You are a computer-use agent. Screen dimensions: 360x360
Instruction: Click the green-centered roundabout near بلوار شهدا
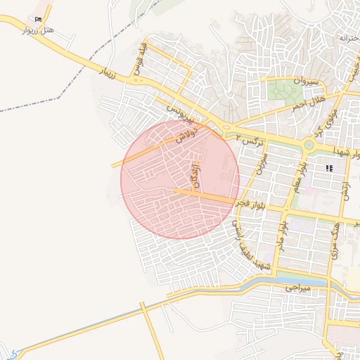pos(309,146)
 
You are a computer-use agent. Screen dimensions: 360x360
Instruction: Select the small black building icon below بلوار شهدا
pos(328,168)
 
